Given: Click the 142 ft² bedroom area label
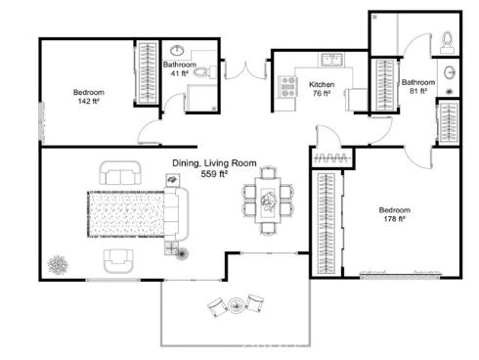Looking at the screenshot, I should (x=88, y=97).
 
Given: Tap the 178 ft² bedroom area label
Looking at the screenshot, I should (x=395, y=215).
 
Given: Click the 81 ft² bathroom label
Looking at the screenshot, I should (x=417, y=88).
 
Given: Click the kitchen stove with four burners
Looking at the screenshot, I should (x=288, y=87).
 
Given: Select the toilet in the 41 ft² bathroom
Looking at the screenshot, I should (x=200, y=72).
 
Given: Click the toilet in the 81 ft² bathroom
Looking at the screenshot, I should (x=447, y=40).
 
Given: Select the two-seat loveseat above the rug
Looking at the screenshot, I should (x=120, y=176).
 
